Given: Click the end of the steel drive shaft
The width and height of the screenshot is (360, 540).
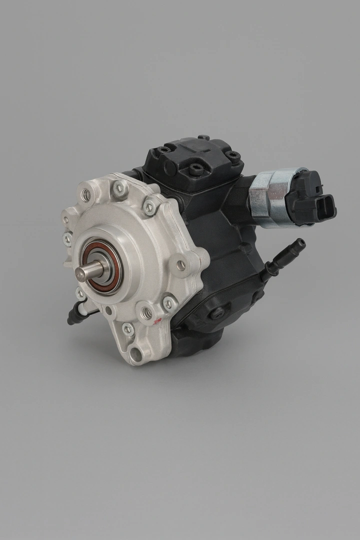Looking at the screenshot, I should click(80, 272).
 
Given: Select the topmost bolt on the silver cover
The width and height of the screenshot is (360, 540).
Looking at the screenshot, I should click(120, 188).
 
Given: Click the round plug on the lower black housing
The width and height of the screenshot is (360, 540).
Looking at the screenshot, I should click(216, 313).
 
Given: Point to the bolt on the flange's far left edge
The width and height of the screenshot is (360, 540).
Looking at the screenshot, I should click(67, 239).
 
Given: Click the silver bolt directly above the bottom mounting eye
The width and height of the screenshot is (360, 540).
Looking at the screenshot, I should click(127, 329).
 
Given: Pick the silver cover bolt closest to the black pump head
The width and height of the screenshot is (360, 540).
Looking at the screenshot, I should click(149, 206).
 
